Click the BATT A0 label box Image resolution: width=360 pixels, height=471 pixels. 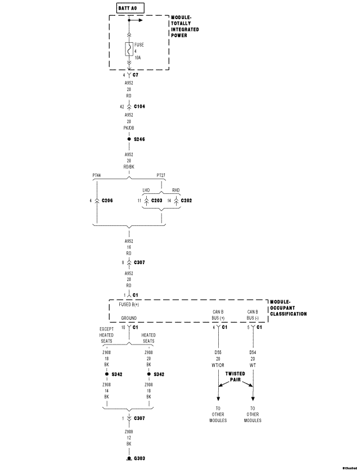[x=129, y=8]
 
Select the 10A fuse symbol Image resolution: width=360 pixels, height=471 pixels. [x=129, y=50]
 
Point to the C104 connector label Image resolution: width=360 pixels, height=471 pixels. [x=139, y=106]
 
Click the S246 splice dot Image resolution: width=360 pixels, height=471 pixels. [x=129, y=139]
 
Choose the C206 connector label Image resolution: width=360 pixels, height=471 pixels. [x=109, y=200]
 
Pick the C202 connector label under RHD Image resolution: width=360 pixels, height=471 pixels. [x=186, y=200]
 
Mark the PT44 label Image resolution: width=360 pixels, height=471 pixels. [x=97, y=175]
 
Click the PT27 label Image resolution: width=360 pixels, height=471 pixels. [x=161, y=175]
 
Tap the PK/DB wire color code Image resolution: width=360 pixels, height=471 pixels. [x=129, y=128]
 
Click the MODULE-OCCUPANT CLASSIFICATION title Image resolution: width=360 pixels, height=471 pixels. [x=288, y=307]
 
